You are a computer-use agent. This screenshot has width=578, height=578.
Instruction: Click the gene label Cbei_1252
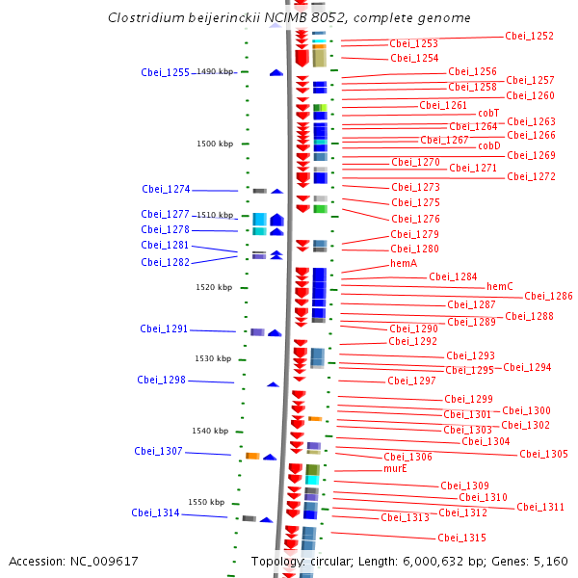click(x=529, y=36)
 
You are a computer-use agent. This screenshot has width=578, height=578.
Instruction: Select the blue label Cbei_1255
click(x=165, y=72)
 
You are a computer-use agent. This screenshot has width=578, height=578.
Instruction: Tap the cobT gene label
click(x=488, y=113)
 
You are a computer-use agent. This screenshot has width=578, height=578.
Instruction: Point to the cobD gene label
click(x=489, y=145)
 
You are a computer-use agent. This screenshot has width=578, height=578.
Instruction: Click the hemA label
click(x=404, y=263)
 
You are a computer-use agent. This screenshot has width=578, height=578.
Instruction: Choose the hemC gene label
click(x=499, y=286)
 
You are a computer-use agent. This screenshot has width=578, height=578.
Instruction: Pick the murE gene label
click(x=395, y=468)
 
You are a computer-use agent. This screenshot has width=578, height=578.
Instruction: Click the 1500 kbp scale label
click(x=215, y=144)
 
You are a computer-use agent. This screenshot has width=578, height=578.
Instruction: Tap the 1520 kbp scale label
click(x=214, y=287)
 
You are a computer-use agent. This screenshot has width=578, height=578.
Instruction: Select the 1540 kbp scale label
click(x=210, y=431)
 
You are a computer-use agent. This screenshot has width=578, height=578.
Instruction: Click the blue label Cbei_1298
click(x=161, y=380)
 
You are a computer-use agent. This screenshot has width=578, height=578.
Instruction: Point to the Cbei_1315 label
click(x=461, y=538)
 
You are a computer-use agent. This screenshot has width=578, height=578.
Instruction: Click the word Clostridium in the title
click(x=146, y=17)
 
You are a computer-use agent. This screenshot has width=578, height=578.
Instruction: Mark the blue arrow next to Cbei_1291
click(x=275, y=333)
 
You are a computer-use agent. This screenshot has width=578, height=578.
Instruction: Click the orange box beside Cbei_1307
click(x=252, y=456)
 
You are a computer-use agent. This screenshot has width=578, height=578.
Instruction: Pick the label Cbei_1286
click(x=548, y=296)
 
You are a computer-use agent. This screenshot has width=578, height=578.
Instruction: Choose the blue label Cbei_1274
click(x=166, y=189)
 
